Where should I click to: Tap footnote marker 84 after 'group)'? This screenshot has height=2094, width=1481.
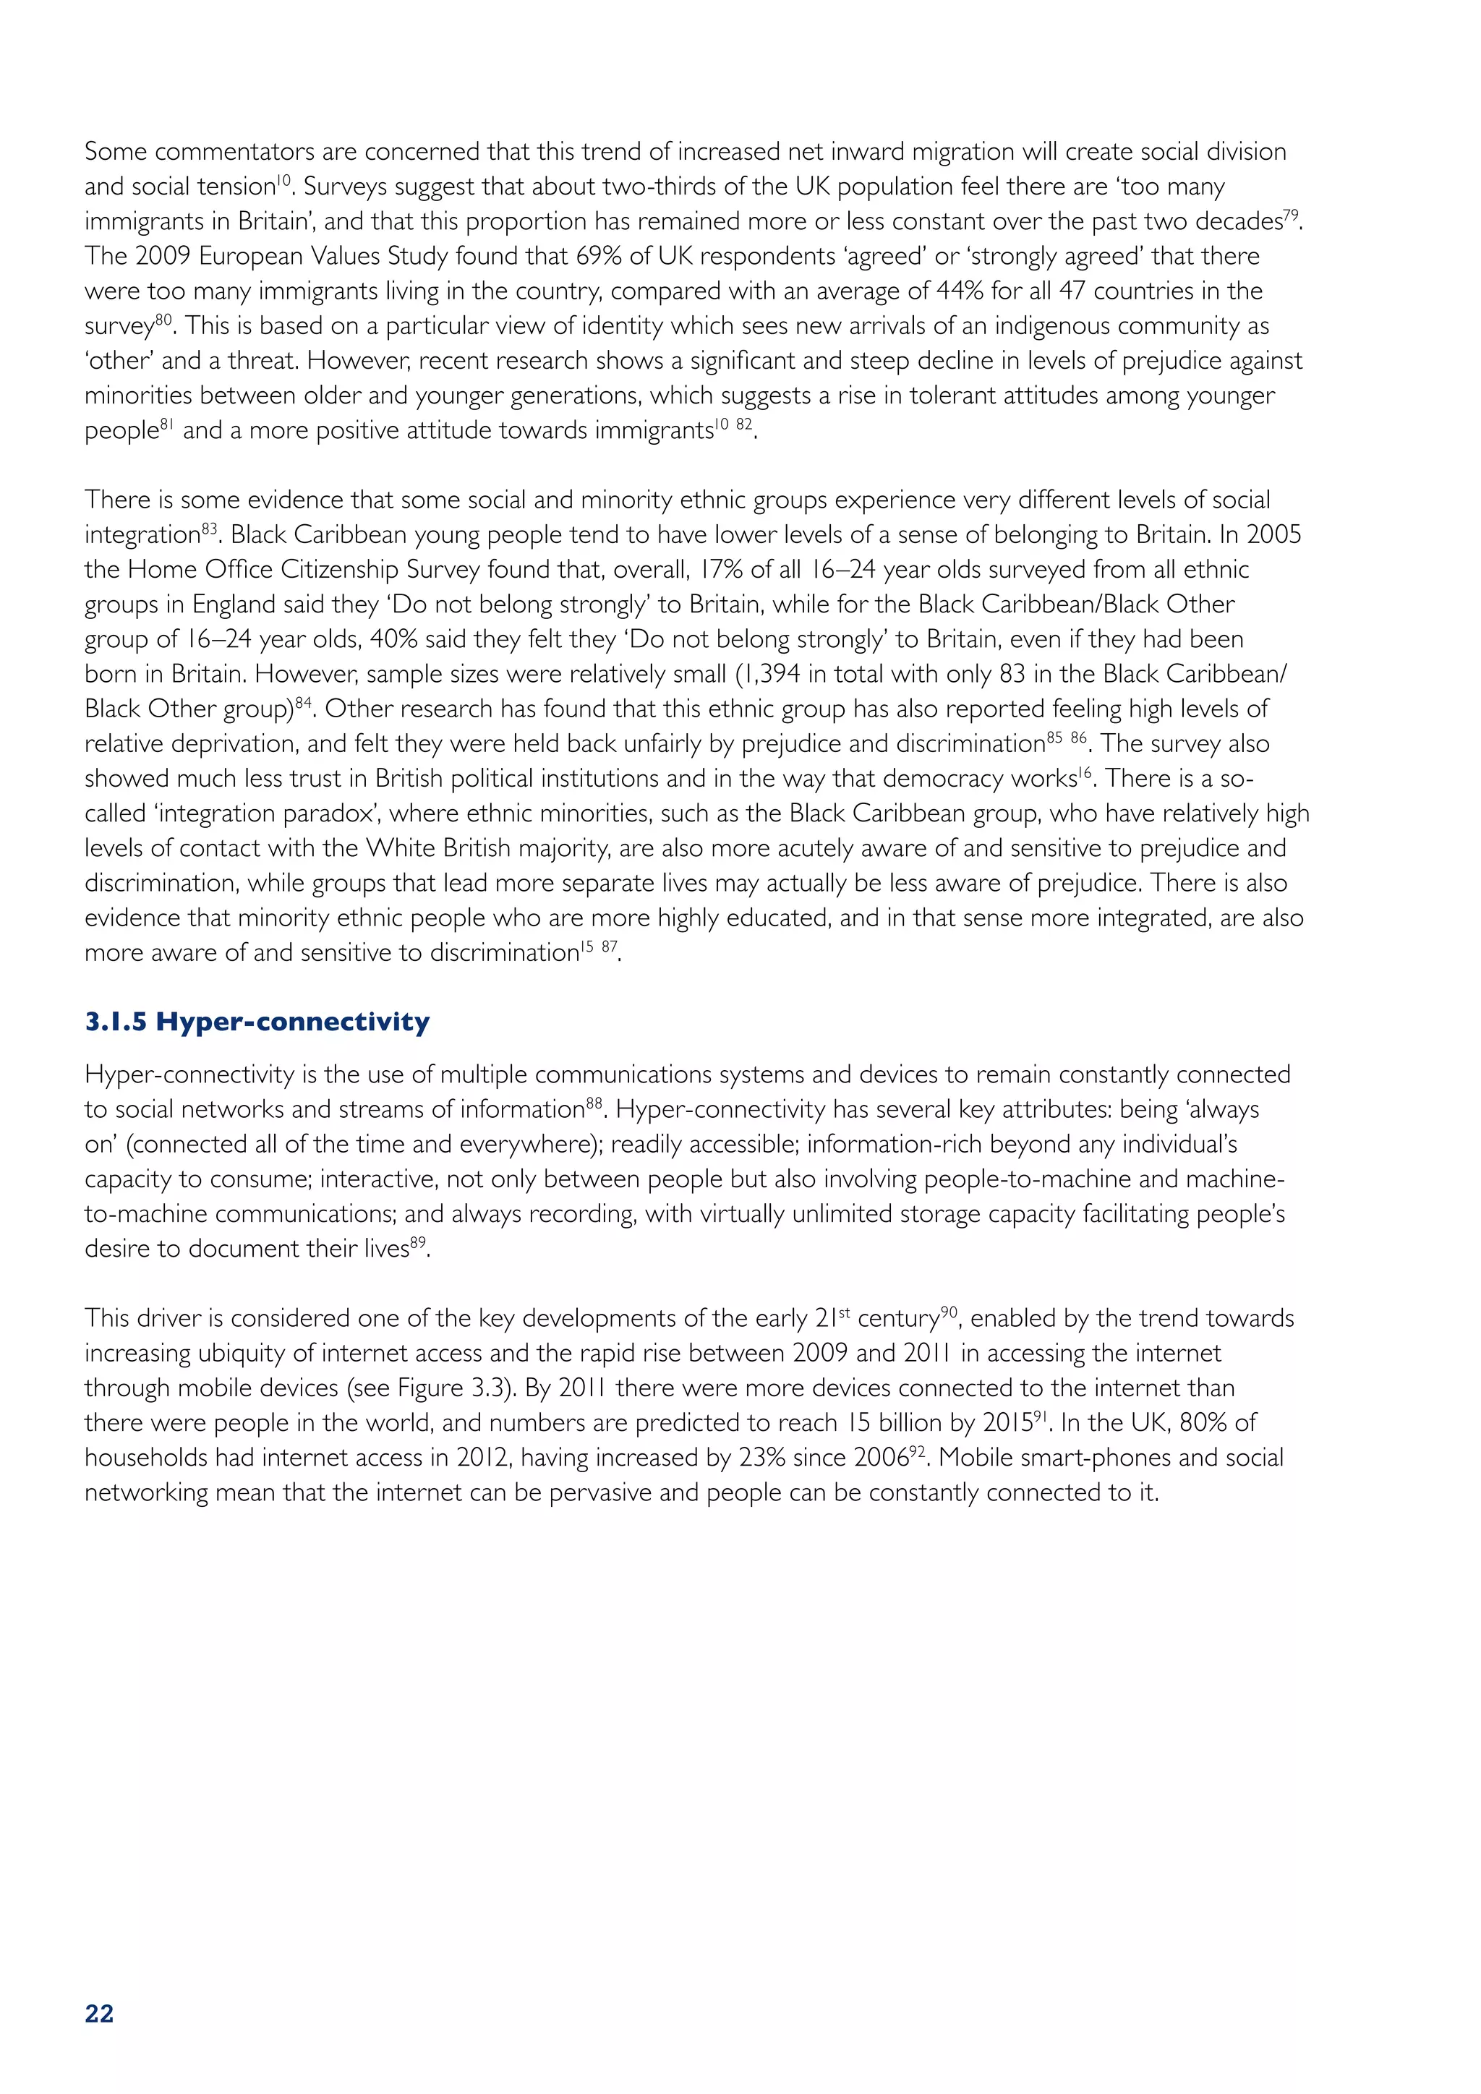coord(304,703)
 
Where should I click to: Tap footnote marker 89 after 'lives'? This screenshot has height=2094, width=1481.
coord(418,1242)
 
